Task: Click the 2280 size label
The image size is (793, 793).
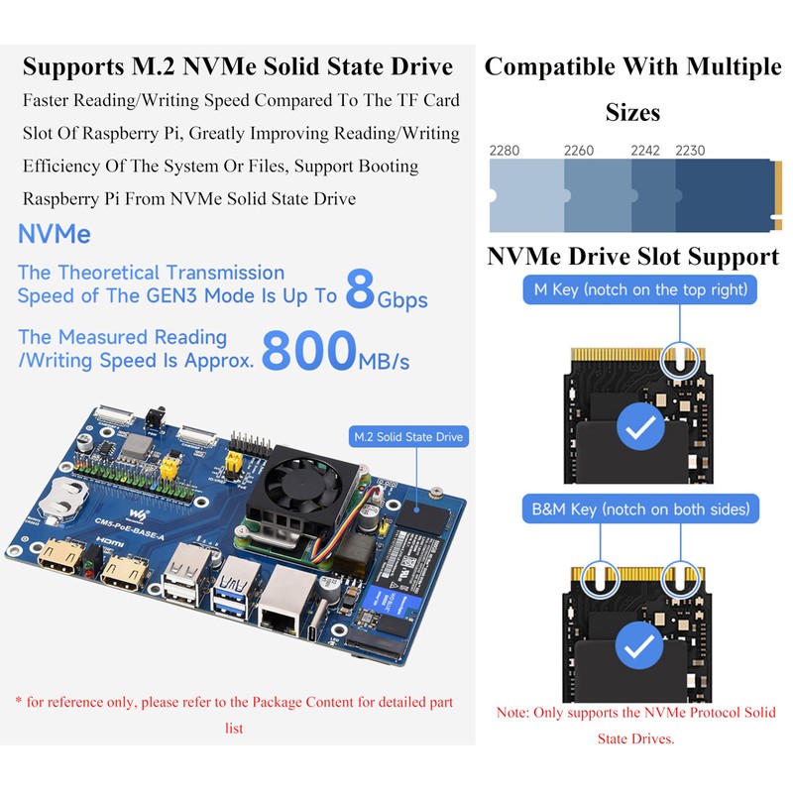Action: click(505, 151)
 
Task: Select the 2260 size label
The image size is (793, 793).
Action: click(579, 151)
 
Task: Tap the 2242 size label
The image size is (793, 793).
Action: click(646, 151)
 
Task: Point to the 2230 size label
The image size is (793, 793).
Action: click(690, 151)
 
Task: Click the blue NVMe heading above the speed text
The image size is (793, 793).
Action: click(55, 235)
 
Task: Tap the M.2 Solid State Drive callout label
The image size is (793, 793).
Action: click(408, 436)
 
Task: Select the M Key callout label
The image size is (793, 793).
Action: click(640, 290)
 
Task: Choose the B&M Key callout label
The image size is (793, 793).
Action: click(640, 510)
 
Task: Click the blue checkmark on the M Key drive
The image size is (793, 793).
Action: click(640, 428)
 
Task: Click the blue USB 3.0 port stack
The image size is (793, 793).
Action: click(236, 588)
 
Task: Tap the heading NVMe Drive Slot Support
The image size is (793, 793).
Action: click(632, 257)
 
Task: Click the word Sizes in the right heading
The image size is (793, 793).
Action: click(632, 112)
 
